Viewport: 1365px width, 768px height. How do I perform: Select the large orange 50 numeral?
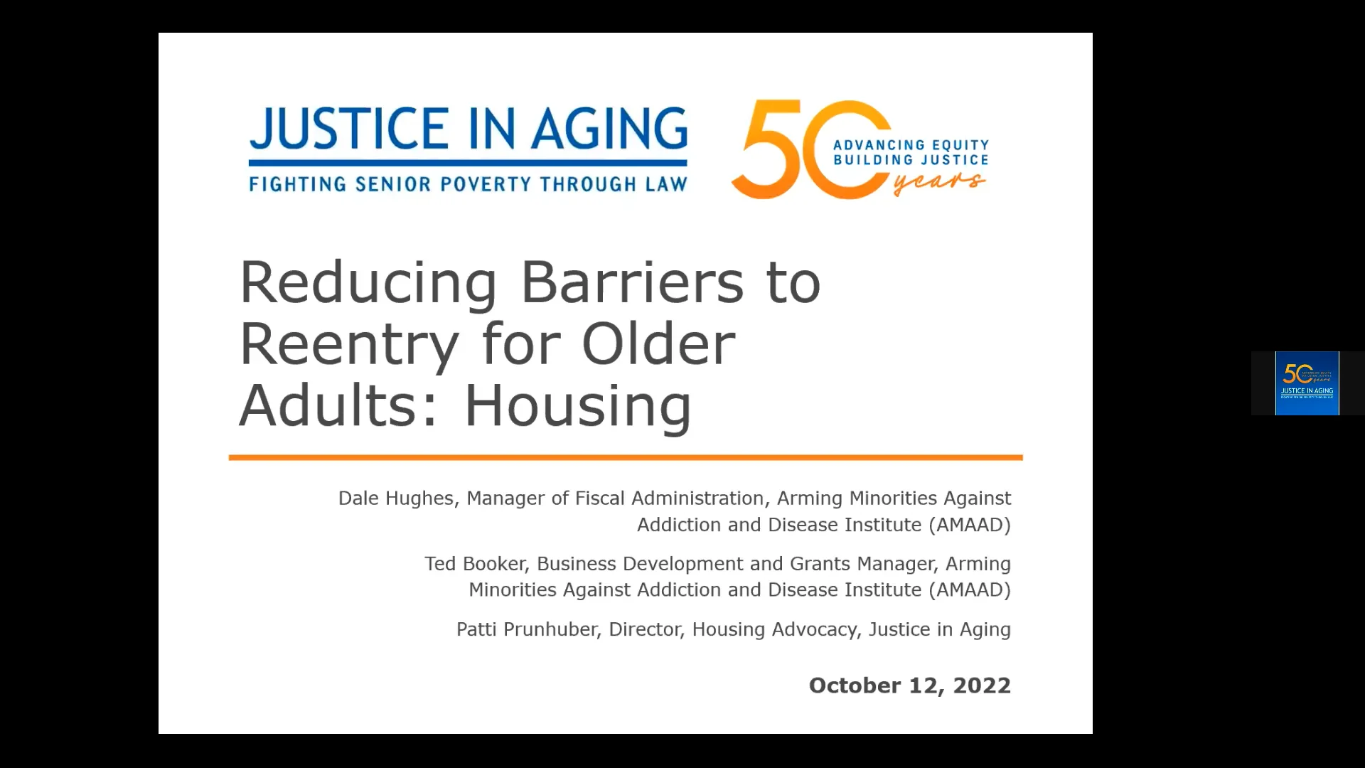[x=796, y=149]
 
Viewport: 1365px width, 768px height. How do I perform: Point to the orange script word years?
[x=939, y=182]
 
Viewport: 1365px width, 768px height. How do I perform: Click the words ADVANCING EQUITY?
[x=911, y=145]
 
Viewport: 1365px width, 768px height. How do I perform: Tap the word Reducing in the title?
[x=368, y=282]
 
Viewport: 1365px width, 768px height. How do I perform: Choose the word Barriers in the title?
[x=632, y=282]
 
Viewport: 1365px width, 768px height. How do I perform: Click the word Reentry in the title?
[x=349, y=344]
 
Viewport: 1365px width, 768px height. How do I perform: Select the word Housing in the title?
[x=577, y=406]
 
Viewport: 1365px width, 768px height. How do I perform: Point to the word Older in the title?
[x=658, y=344]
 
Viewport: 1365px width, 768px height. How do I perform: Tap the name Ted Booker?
[x=475, y=564]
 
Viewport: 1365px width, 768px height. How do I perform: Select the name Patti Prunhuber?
[x=528, y=629]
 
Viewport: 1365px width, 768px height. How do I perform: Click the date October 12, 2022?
[x=909, y=686]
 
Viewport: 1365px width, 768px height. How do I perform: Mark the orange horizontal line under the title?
[x=626, y=457]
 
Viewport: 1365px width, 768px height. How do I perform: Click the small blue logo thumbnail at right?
[x=1307, y=383]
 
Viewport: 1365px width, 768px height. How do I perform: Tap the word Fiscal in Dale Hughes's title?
[x=600, y=498]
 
